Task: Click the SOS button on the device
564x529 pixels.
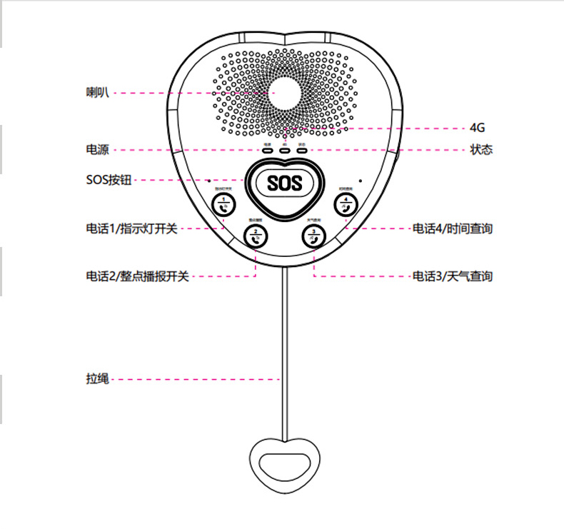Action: point(285,183)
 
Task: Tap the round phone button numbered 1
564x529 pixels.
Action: point(223,205)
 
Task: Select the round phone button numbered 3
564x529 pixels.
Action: point(313,235)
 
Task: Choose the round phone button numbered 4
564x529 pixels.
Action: point(346,205)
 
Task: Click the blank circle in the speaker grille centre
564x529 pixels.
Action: point(285,94)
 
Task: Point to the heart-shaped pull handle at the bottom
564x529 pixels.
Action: point(284,465)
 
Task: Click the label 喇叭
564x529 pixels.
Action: point(96,92)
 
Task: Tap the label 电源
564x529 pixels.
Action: point(96,150)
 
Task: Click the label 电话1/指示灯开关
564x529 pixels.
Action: point(131,229)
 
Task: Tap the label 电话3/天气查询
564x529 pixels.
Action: point(453,276)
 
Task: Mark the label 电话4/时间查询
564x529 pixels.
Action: point(453,229)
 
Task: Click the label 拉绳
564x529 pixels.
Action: point(96,379)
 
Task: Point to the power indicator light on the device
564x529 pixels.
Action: point(267,150)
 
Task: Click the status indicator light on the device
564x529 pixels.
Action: point(302,150)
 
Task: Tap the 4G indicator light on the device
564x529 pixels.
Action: point(284,150)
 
